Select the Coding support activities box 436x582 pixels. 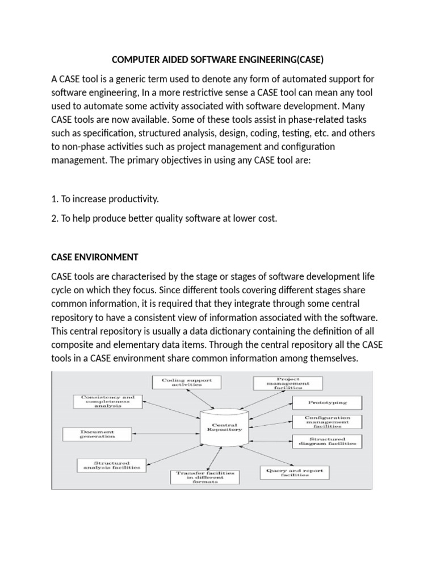tap(181, 383)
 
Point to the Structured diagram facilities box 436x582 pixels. tap(325, 441)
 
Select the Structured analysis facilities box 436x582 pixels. tap(111, 465)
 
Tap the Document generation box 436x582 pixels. tap(97, 434)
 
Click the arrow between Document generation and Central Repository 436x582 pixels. tap(160, 434)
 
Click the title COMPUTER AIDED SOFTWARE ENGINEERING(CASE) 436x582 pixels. tap(217, 60)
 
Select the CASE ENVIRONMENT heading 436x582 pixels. tap(95, 257)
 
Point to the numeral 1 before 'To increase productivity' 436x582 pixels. tap(53, 199)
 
